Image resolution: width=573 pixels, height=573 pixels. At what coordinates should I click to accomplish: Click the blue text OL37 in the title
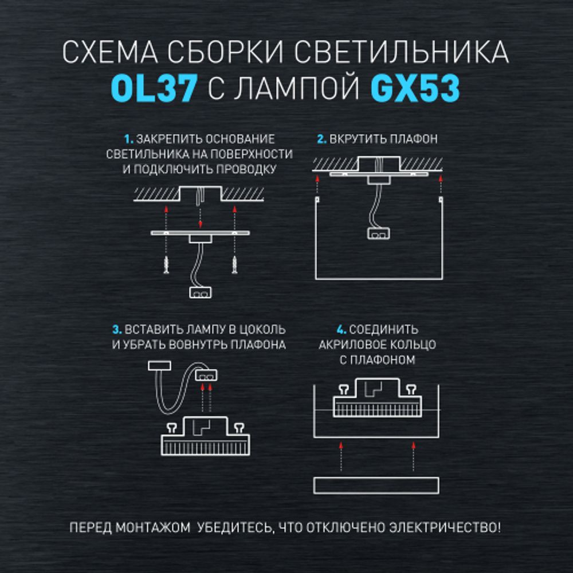coord(154,89)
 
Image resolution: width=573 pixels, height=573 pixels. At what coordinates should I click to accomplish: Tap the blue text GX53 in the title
coord(415,89)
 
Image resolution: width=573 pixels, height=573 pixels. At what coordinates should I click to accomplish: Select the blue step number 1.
coord(128,139)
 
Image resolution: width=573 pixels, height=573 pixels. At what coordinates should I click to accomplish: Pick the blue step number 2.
coord(321,139)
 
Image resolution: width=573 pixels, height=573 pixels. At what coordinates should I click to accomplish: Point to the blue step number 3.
coord(117,330)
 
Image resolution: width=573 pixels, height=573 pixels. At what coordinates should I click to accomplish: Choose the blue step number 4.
coord(342,330)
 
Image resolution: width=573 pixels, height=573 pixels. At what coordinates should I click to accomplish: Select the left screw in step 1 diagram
coord(166,265)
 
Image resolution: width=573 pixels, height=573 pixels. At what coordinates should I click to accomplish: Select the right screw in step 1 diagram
coord(234,265)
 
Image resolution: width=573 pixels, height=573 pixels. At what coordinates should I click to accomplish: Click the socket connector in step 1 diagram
coord(200,292)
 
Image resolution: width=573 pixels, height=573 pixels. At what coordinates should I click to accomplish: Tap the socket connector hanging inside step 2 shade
coord(378,233)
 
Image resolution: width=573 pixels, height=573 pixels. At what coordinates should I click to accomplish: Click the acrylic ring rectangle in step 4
coord(377,485)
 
